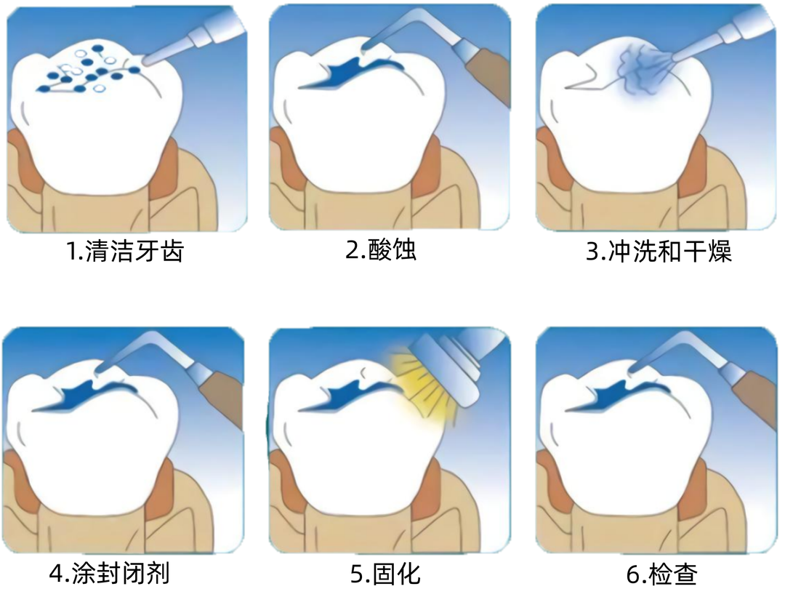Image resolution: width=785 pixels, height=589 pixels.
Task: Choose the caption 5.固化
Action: coord(385,573)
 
